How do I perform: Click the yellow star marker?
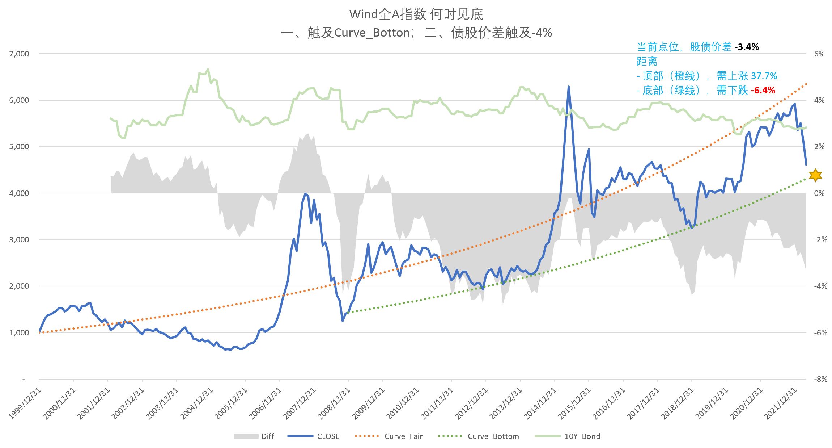(x=815, y=175)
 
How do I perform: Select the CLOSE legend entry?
(x=328, y=436)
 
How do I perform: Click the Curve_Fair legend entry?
(x=403, y=436)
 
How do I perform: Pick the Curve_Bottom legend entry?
(x=493, y=436)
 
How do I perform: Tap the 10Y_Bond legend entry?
(x=582, y=436)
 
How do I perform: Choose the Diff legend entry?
(x=267, y=436)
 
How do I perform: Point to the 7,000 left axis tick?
(x=19, y=54)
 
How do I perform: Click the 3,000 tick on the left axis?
(x=19, y=240)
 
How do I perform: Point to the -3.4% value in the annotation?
(x=747, y=47)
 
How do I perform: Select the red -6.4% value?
(x=763, y=90)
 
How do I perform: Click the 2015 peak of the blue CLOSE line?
(x=569, y=87)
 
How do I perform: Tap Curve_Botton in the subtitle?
(x=372, y=33)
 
